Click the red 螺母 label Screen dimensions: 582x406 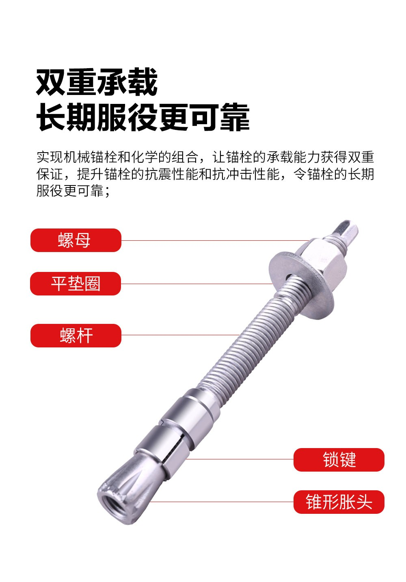[76, 240]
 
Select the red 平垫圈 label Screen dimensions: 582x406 [76, 284]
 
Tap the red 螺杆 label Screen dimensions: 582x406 [76, 336]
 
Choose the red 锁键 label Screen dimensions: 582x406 [339, 460]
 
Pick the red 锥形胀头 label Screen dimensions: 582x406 [339, 502]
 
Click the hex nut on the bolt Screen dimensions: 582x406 [325, 260]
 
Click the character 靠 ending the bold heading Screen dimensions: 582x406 [234, 118]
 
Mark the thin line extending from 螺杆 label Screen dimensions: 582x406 [179, 335]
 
